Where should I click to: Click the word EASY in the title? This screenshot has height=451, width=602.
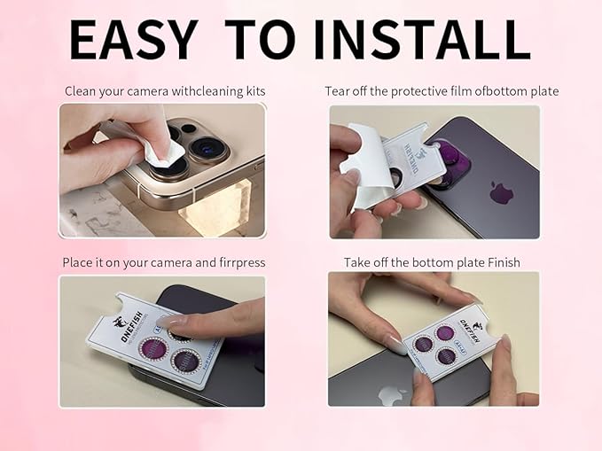click(x=132, y=40)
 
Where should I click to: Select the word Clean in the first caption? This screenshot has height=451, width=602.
click(x=81, y=91)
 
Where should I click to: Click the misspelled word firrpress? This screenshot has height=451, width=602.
click(x=239, y=262)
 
